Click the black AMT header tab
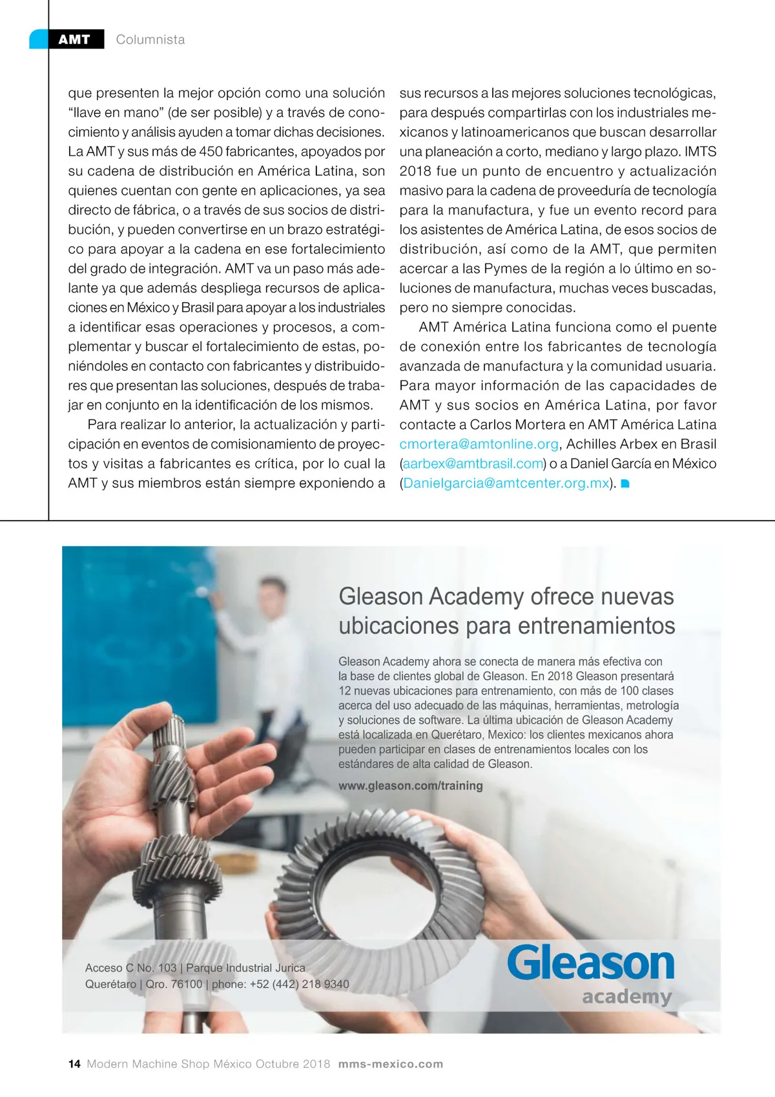coord(74,39)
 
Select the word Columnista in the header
coord(150,39)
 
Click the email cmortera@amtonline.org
coord(479,444)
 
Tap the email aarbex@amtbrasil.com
coord(473,464)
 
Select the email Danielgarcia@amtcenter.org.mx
coord(506,483)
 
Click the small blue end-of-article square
coord(625,484)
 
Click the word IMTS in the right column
coord(700,152)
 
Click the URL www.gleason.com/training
coord(411,786)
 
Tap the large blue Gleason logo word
coord(590,963)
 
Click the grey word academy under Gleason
coord(626,996)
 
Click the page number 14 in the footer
coord(74,1064)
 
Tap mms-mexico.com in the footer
coord(391,1064)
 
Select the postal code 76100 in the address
coord(187,984)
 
